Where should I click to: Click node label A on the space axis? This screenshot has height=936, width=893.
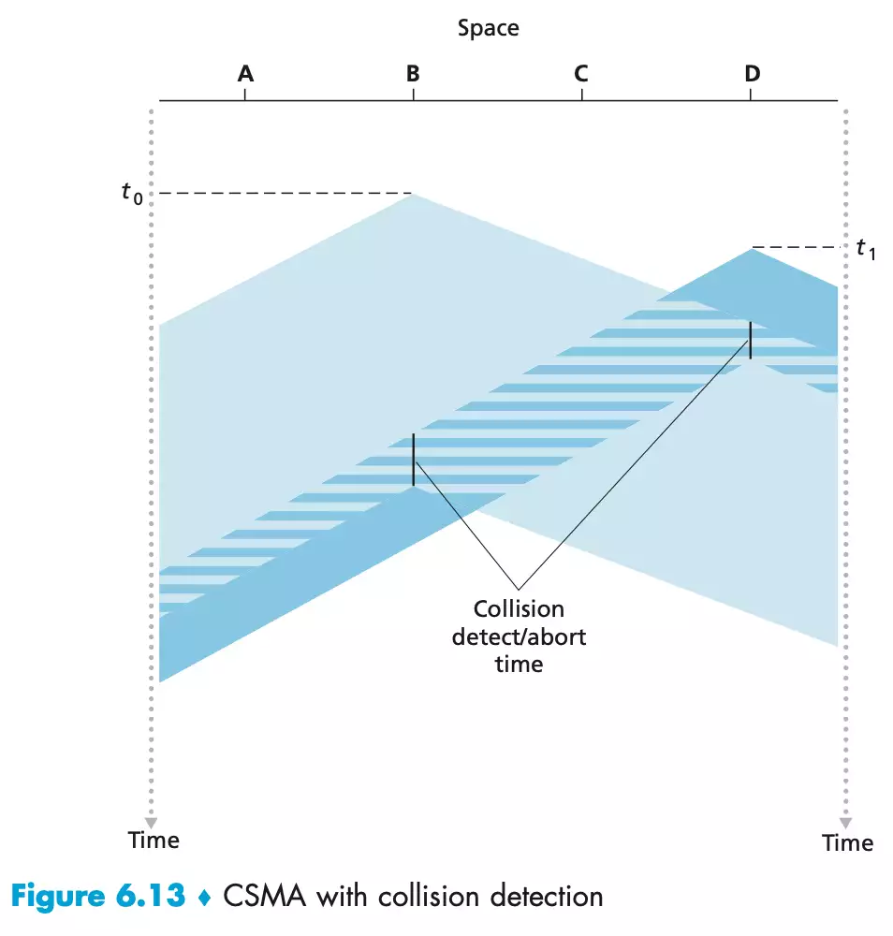(x=245, y=73)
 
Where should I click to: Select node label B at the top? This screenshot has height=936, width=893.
(x=413, y=73)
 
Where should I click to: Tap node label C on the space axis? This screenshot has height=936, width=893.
(x=581, y=73)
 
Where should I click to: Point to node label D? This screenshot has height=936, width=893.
(x=752, y=73)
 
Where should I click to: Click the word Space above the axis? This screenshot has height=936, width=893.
(x=488, y=28)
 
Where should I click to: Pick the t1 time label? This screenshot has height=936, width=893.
(x=865, y=250)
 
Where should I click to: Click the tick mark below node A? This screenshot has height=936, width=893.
(x=245, y=94)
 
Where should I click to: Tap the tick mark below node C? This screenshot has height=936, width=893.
(x=581, y=94)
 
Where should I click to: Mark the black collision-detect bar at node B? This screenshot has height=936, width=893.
(x=413, y=460)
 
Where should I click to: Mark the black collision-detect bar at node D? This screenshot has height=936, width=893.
(x=750, y=340)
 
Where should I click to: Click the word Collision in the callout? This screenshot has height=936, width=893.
(x=519, y=609)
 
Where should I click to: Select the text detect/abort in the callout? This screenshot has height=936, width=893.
(x=519, y=636)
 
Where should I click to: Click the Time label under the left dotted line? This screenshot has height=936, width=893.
(x=154, y=840)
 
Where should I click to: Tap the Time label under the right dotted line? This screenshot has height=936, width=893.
(x=847, y=842)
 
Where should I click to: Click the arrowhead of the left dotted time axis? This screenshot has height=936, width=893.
(x=151, y=822)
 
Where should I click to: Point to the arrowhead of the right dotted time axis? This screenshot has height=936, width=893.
(x=845, y=822)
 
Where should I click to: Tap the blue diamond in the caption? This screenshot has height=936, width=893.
(x=205, y=897)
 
